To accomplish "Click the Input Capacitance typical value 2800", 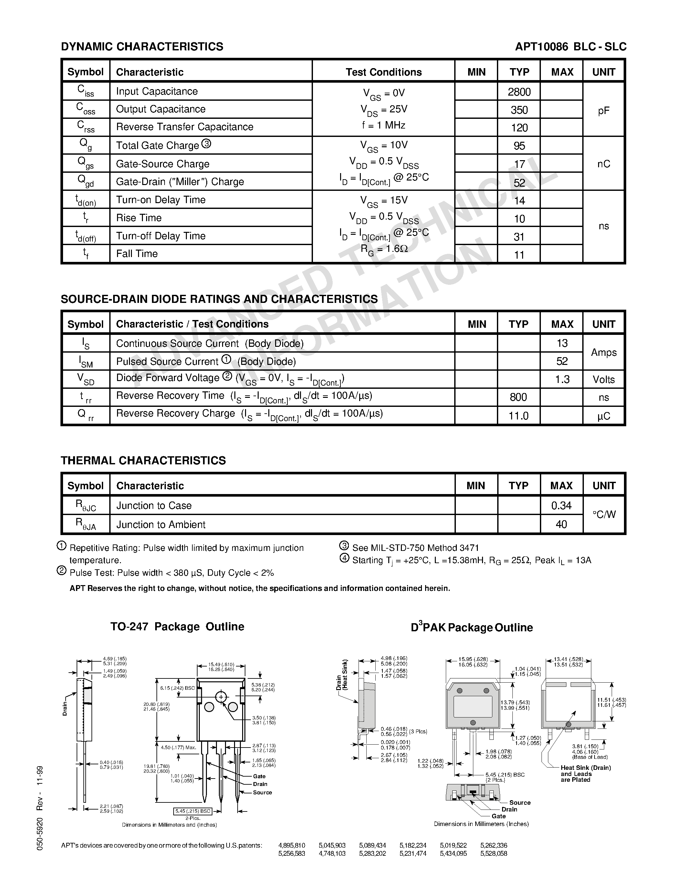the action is (519, 92).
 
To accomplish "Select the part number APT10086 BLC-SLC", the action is (570, 47).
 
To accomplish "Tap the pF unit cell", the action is (603, 110).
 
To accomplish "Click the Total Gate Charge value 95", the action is (519, 146).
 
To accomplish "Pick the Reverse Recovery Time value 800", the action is (518, 397).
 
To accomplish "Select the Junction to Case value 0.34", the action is (561, 505).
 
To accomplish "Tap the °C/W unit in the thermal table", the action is (604, 515).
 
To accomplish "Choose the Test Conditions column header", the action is (383, 72).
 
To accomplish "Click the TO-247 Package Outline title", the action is (177, 626).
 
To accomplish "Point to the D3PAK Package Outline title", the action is (472, 627).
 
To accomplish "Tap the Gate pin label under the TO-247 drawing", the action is (259, 776).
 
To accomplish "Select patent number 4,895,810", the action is (291, 845).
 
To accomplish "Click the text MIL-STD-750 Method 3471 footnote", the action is (415, 548).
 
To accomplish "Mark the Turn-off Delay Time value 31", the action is (519, 237).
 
